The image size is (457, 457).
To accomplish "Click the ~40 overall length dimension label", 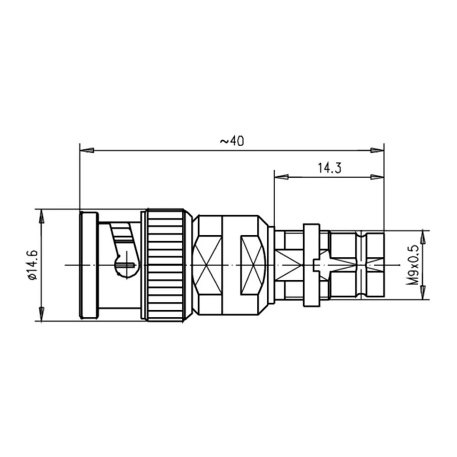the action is [232, 141].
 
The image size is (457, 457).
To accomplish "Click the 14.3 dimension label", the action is [329, 168].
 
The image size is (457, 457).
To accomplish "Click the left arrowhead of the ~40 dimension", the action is [86, 150].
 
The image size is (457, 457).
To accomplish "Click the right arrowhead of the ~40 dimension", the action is [377, 150].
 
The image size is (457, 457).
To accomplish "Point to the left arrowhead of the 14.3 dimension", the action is [281, 177].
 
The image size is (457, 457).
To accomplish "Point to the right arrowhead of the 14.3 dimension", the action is [377, 177].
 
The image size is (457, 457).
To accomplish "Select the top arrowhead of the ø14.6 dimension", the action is [42, 216].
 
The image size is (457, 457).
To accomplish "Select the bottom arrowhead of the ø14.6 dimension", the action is [42, 314].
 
